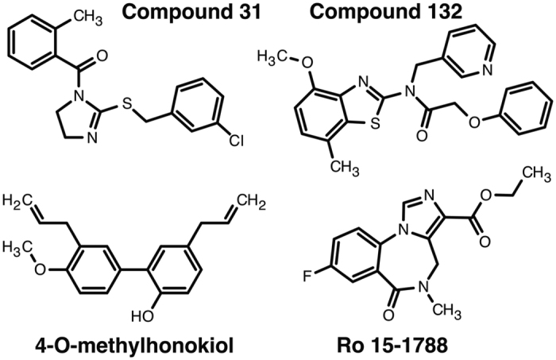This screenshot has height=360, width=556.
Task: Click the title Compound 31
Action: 192,13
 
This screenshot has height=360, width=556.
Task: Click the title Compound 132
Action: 386,13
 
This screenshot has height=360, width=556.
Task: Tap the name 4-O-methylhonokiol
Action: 134,346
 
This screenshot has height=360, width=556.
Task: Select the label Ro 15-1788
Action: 392,346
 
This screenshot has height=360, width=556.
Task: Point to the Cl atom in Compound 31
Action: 236,141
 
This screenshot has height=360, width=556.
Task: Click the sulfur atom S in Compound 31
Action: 126,103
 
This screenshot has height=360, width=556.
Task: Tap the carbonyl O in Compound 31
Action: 102,56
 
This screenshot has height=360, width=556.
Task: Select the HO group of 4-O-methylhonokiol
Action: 142,315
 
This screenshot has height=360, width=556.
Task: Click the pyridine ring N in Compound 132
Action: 487,70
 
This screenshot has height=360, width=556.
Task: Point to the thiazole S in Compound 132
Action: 376,123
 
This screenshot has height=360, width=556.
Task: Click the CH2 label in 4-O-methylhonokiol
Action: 251,203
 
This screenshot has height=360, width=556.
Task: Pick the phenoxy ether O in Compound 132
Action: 474,122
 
